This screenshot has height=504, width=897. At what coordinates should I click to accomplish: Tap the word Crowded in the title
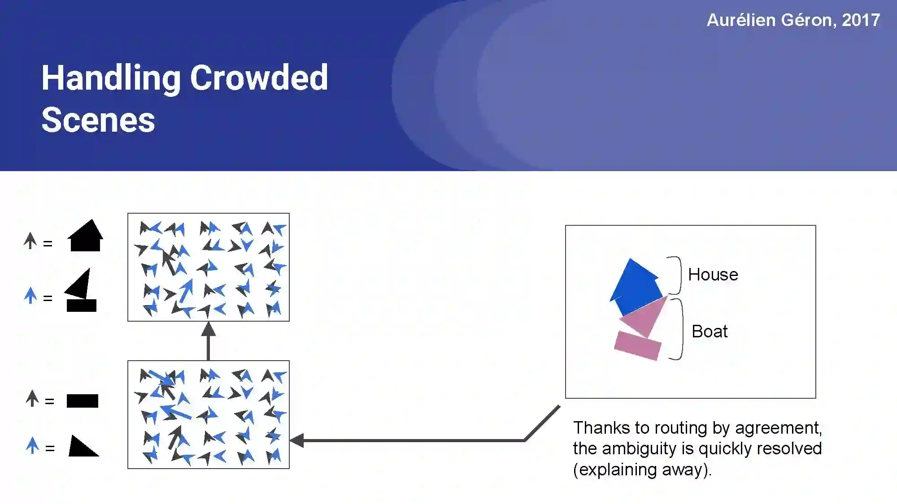coord(259,78)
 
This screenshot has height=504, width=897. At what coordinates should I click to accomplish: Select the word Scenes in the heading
coord(98,120)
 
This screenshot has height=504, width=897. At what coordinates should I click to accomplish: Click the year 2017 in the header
coord(861,20)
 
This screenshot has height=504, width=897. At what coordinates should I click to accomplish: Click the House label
coord(713,274)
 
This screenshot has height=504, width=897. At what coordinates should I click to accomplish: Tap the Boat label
coord(709,332)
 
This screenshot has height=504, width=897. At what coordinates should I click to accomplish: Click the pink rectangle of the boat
coord(637,345)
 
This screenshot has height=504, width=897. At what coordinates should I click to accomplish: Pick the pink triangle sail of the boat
coord(646,316)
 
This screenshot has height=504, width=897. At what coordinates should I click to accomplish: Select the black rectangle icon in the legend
coord(82,401)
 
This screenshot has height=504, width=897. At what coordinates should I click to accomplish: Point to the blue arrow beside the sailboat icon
coord(30,295)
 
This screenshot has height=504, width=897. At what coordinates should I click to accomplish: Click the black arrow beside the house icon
coord(30,241)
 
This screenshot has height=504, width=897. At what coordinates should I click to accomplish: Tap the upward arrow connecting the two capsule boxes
coord(208,340)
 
